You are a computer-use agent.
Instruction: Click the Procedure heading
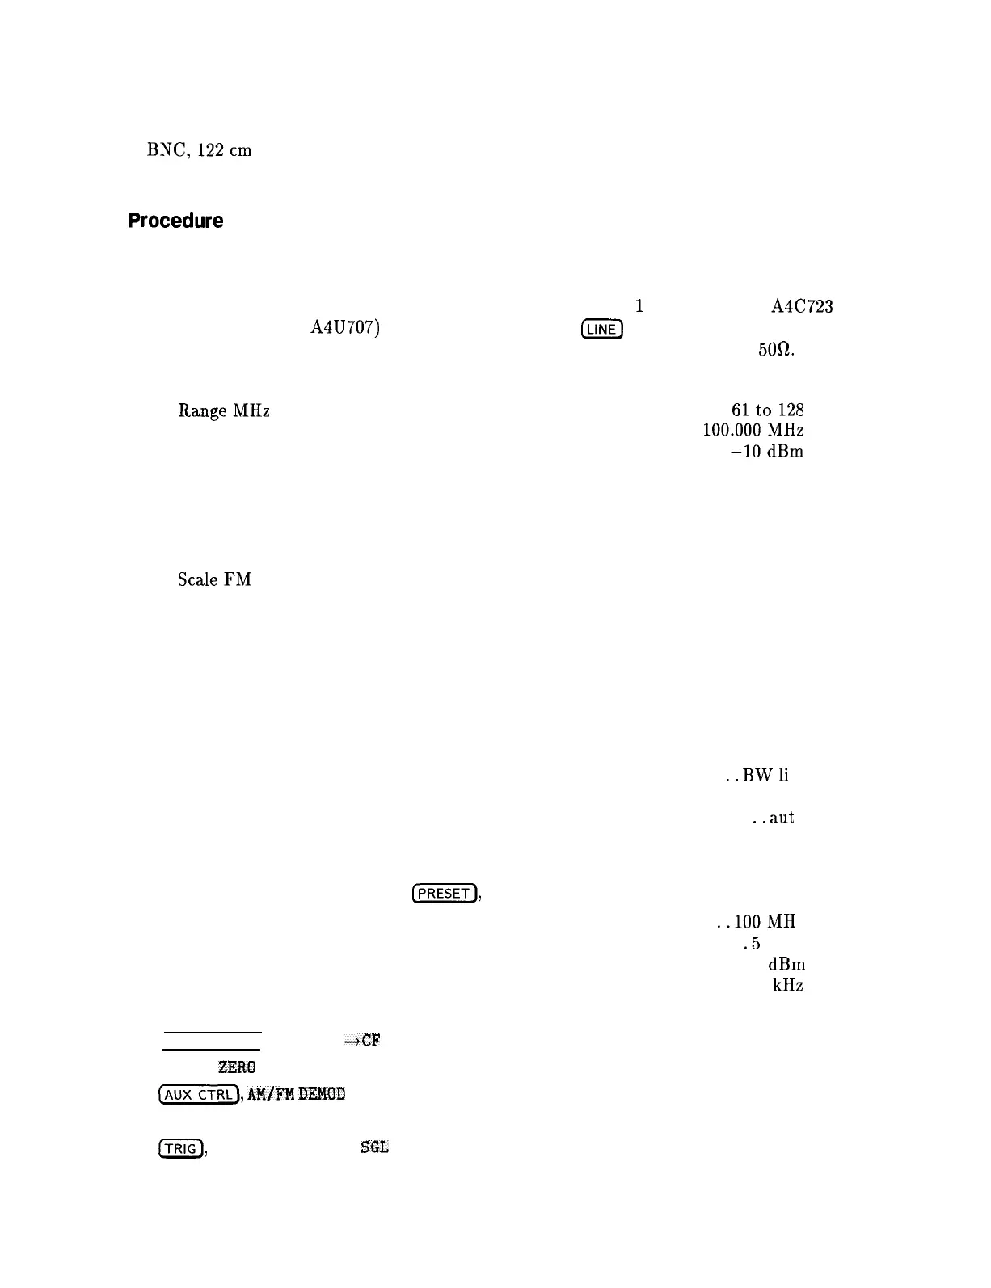tap(175, 221)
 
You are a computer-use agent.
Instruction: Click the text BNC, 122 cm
tap(199, 150)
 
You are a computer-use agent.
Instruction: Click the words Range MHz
tap(223, 411)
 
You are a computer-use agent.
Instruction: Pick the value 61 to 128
tap(766, 410)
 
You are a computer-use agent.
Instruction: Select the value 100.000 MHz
tap(753, 431)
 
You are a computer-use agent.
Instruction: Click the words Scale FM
tap(214, 579)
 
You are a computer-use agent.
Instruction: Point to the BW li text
tap(766, 776)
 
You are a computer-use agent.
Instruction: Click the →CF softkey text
tap(362, 1041)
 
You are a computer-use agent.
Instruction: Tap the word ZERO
tap(236, 1067)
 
